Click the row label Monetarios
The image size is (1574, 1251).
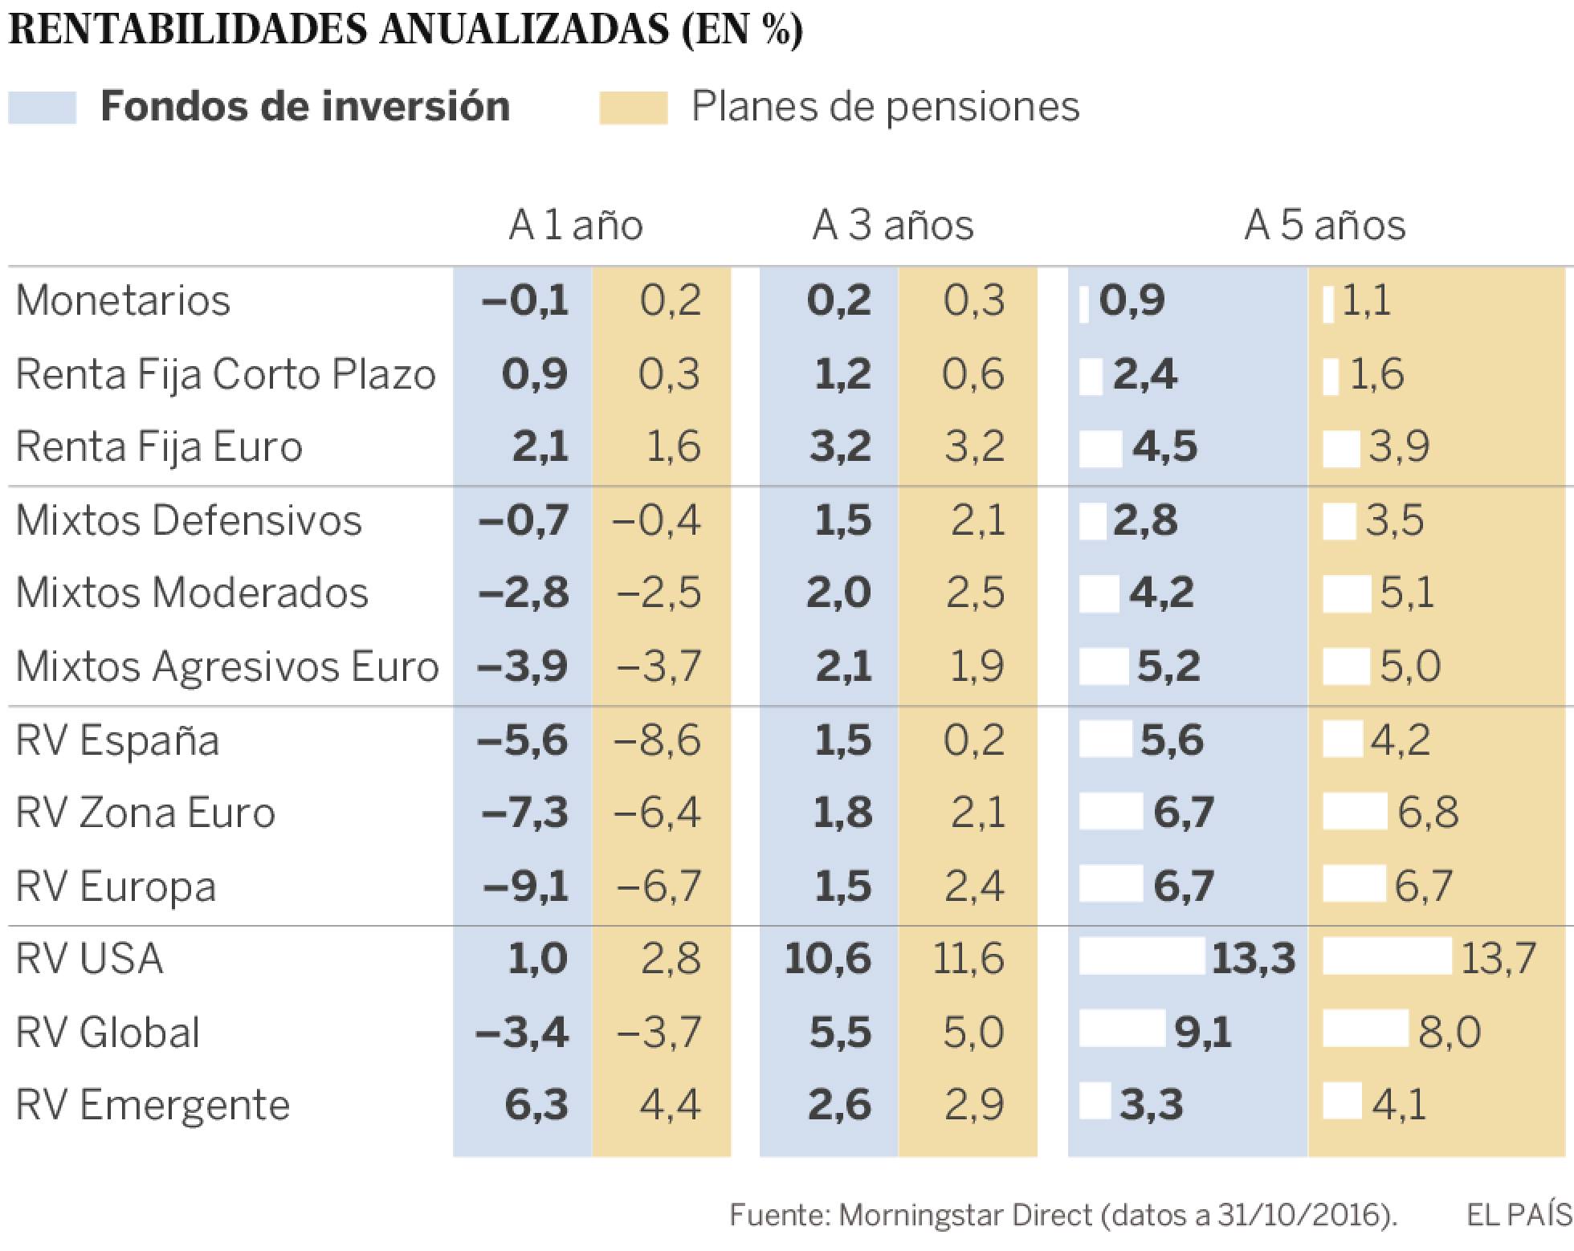(123, 301)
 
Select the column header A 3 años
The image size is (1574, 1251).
(892, 225)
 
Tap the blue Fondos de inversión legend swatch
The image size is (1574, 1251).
(43, 108)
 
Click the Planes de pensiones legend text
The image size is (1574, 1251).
(885, 107)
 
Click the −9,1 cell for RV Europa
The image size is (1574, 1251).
(525, 886)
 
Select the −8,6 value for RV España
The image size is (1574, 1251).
(657, 740)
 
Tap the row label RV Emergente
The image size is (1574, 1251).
(153, 1106)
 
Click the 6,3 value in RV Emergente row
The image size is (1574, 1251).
(536, 1106)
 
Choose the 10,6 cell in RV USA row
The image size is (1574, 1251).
(827, 959)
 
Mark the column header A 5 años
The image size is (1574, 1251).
(1324, 225)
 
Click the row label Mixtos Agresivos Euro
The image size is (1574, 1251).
(227, 666)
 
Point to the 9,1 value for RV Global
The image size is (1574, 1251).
(1202, 1033)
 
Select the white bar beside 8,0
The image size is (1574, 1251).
(1364, 1030)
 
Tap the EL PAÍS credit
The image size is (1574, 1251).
(1519, 1215)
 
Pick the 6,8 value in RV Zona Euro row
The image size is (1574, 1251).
(1427, 813)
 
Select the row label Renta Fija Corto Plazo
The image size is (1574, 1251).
(226, 375)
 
